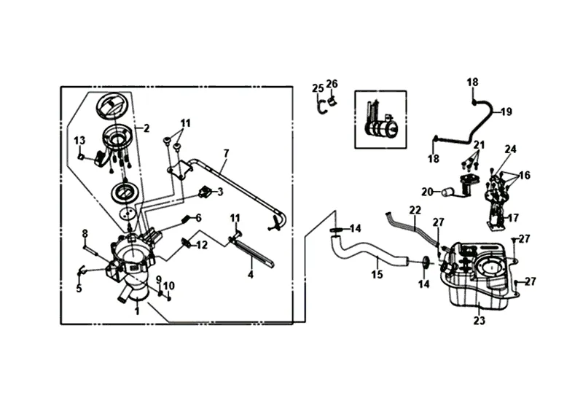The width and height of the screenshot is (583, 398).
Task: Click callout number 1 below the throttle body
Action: pyautogui.click(x=137, y=311)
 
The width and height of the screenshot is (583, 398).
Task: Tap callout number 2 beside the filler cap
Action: pyautogui.click(x=146, y=128)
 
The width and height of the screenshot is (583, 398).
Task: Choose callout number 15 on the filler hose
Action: pyautogui.click(x=376, y=276)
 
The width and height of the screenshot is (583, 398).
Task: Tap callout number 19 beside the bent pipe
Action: pyautogui.click(x=506, y=112)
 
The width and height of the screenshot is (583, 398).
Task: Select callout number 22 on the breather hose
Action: pyautogui.click(x=415, y=210)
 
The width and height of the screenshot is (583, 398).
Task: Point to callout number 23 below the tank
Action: pyautogui.click(x=479, y=319)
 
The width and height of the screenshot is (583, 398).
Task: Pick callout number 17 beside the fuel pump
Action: pyautogui.click(x=513, y=217)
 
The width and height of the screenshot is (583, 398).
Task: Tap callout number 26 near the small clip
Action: pyautogui.click(x=332, y=84)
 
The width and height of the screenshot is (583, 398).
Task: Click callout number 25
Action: pyautogui.click(x=317, y=88)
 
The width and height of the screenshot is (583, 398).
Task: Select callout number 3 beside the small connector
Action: pyautogui.click(x=220, y=192)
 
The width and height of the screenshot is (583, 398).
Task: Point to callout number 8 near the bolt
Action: pyautogui.click(x=85, y=233)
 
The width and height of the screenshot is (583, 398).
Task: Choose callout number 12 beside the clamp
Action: pyautogui.click(x=202, y=245)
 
